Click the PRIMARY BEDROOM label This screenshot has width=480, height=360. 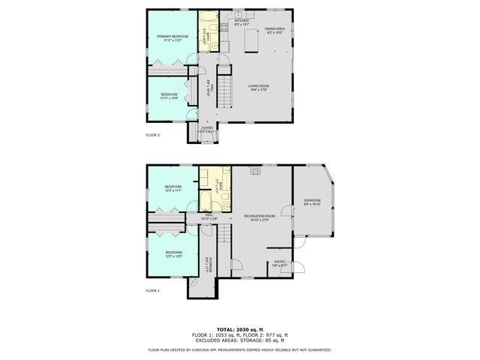(x=172, y=37)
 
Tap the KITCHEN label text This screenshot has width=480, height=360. (x=241, y=21)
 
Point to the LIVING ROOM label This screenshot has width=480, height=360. (x=259, y=86)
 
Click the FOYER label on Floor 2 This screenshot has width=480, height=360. (x=208, y=128)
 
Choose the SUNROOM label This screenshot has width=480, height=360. (x=312, y=200)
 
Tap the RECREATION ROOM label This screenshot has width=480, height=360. (x=260, y=216)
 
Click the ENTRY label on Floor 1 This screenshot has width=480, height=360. (x=279, y=261)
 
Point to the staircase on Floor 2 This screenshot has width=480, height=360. (x=223, y=88)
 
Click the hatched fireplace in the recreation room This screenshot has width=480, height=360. (x=256, y=171)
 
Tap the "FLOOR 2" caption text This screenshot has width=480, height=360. (x=152, y=135)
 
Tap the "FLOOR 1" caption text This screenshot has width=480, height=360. (x=152, y=290)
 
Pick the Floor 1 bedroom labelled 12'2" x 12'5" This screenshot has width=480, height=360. (x=173, y=254)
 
